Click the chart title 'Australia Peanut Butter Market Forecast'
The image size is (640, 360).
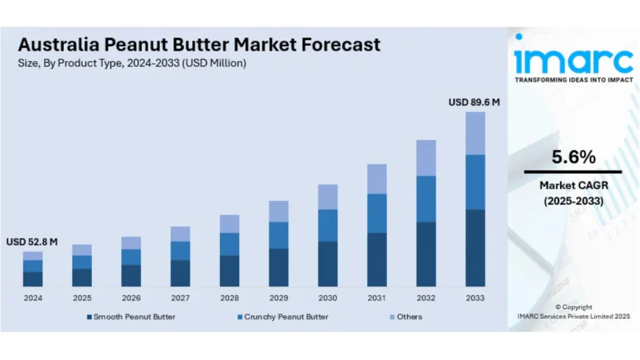(199, 44)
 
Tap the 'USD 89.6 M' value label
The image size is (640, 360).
(474, 102)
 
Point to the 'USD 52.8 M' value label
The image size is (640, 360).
(32, 241)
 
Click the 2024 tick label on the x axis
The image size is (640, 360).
(32, 297)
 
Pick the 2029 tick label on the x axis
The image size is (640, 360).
(278, 297)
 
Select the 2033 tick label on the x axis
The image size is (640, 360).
(474, 297)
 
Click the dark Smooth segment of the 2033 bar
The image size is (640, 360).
(475, 247)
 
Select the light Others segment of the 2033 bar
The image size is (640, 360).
(475, 133)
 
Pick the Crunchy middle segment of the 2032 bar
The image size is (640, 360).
(426, 199)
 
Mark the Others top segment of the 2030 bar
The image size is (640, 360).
(327, 197)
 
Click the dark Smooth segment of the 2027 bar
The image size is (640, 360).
(180, 272)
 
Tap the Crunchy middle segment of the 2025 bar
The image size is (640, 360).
(82, 262)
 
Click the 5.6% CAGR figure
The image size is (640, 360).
(573, 157)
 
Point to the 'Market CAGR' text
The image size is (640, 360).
(573, 186)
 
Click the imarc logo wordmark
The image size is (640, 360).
(573, 59)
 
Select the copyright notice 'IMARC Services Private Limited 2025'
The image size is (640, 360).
(573, 316)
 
